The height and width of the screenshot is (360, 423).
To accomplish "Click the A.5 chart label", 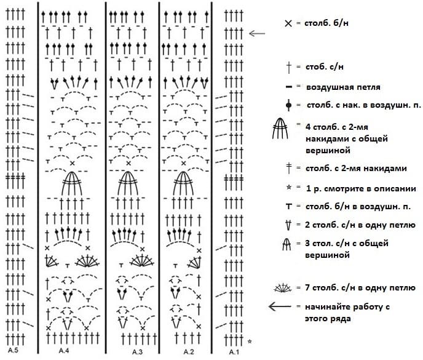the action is coord(13,350).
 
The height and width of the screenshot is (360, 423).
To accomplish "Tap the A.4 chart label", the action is coord(64,351).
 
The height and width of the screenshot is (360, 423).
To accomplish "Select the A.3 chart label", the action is coord(137,352).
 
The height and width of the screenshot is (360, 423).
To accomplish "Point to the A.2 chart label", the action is coord(189,351).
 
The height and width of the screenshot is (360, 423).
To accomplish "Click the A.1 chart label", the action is coord(234,352).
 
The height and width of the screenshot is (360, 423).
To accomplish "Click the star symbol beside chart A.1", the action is coord(250,342).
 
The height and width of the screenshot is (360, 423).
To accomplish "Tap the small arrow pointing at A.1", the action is coord(257,33).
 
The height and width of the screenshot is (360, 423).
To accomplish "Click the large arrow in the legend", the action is coord(280,306).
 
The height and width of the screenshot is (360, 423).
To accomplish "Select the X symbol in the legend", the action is coord(288,23).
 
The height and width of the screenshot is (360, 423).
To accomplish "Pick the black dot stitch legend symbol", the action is coord(288,105).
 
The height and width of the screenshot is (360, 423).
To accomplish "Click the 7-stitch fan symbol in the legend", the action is coord(283,288).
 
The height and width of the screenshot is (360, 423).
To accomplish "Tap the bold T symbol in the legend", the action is coord(289,207).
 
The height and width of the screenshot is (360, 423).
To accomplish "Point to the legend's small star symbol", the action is coord(288,187).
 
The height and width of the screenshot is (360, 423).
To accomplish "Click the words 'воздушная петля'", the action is coord(343,87).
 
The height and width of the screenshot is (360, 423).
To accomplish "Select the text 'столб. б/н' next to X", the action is coord(326,23).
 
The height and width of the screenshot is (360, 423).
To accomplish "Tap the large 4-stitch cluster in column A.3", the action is coord(128,183).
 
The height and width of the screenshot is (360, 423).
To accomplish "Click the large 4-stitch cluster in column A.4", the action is coord(72,183).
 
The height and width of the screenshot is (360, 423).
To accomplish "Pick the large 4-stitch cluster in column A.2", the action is coord(183,183).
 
